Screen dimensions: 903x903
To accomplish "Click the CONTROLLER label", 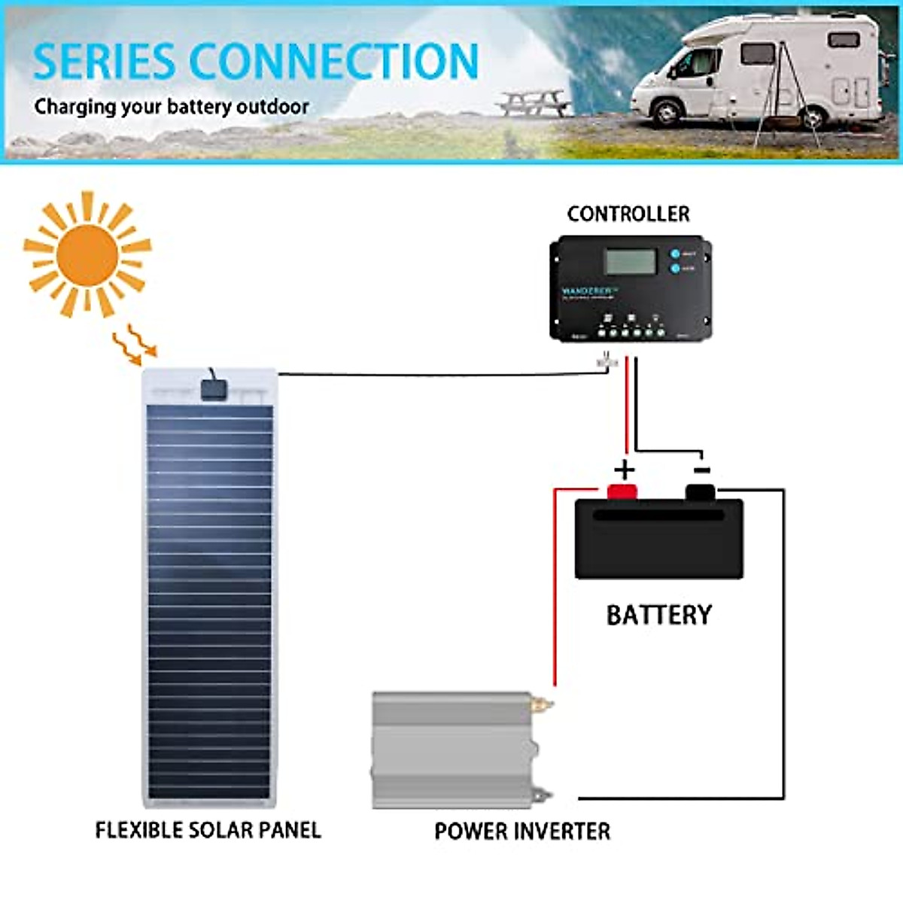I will (x=628, y=214).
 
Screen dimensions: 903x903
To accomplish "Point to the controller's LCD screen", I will (x=631, y=262).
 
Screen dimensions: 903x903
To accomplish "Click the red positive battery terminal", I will (x=622, y=492).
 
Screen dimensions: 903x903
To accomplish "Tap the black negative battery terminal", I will (x=700, y=492).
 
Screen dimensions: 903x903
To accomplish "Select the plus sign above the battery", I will (x=624, y=470).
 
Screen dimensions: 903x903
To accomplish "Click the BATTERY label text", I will (x=658, y=616).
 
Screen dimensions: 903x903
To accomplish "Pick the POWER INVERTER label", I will (x=522, y=832).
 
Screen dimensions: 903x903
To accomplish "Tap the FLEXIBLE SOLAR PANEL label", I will (x=208, y=830).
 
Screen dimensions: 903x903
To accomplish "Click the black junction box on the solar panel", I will (x=214, y=389).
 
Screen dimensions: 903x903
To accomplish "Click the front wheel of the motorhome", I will (x=667, y=111).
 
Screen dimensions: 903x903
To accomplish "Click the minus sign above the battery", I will (x=701, y=470).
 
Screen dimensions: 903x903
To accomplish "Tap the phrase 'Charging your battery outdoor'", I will (x=172, y=107).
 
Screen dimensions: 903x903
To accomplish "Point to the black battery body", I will (x=658, y=540).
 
